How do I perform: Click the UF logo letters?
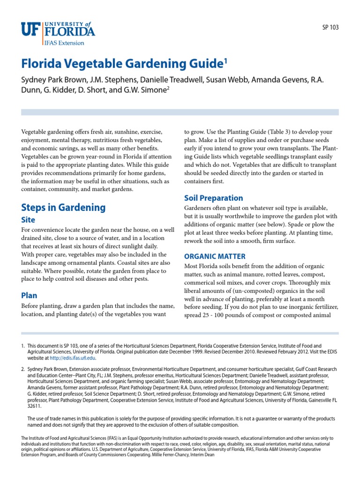tap(31, 30)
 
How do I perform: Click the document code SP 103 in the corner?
tap(330, 27)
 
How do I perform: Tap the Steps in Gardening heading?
tap(63, 207)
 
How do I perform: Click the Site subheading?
tap(28, 219)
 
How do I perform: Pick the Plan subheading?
tap(29, 295)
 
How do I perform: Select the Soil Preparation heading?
tap(213, 198)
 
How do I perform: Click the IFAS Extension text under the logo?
tap(65, 43)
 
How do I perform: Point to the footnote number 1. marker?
tap(22, 346)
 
